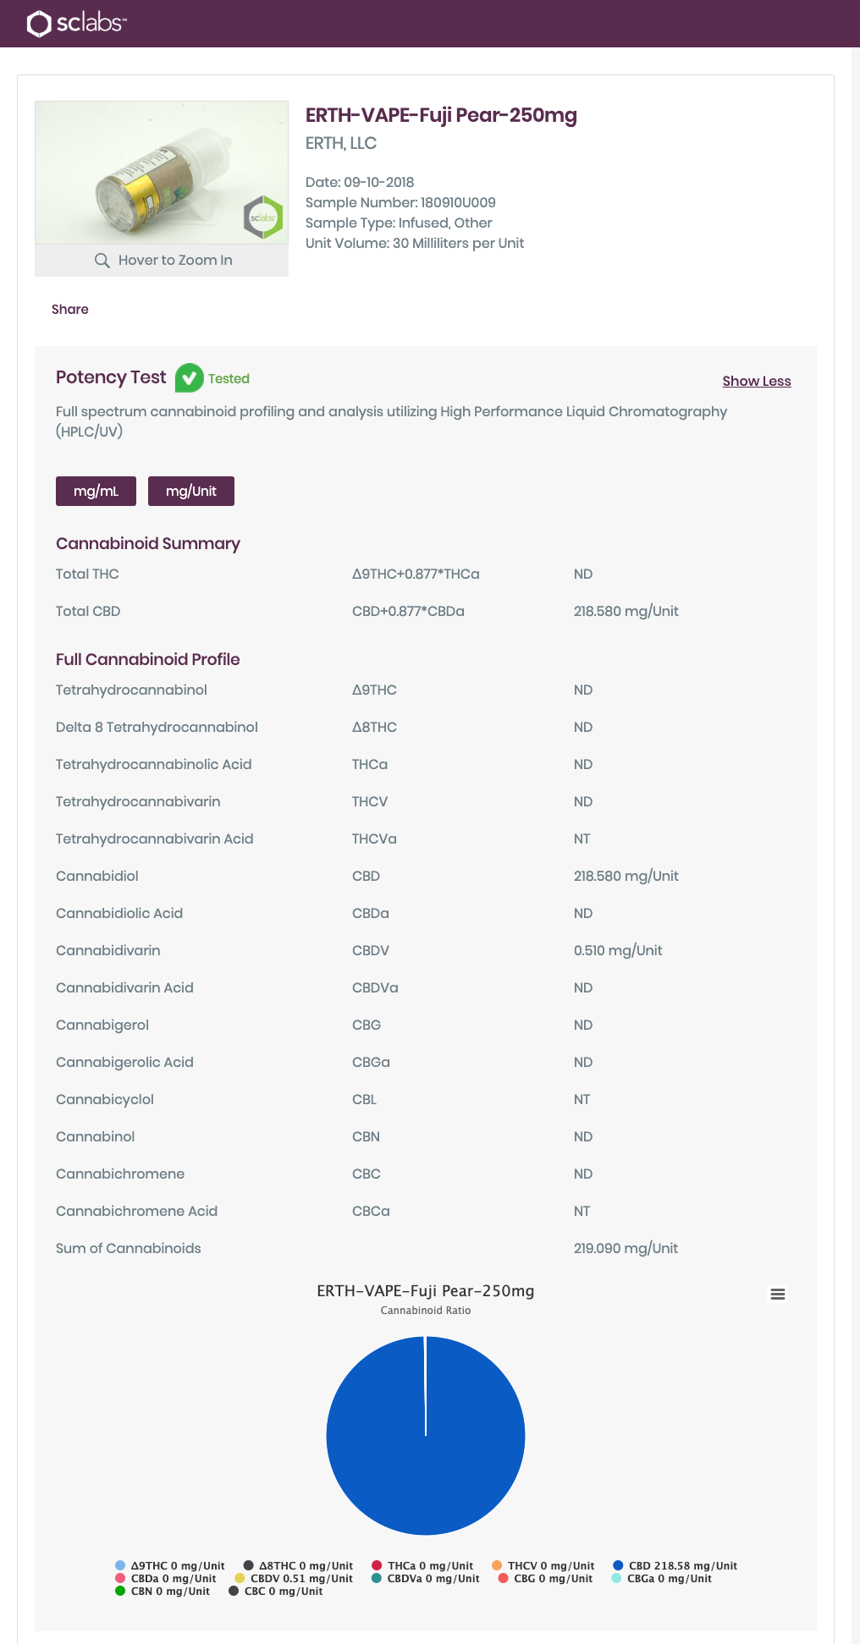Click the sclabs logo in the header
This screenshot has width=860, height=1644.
click(76, 24)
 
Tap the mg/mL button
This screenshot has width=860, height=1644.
click(96, 492)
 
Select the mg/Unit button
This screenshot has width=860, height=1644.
click(190, 492)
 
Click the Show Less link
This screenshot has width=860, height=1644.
click(756, 382)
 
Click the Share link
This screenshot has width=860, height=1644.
click(69, 310)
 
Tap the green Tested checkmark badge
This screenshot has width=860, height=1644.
click(189, 378)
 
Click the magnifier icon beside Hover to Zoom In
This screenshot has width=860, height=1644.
click(102, 261)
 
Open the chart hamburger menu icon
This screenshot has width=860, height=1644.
click(777, 1294)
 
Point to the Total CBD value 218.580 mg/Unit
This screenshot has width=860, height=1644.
click(626, 612)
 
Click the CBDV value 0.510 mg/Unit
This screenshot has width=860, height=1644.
click(618, 951)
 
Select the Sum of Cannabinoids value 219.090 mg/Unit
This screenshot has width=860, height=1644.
click(626, 1249)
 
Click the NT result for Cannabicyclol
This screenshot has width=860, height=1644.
click(582, 1100)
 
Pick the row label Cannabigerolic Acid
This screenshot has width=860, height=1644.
click(124, 1063)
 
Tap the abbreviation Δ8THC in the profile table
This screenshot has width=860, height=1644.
click(374, 728)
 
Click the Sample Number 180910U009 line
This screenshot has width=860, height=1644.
click(400, 203)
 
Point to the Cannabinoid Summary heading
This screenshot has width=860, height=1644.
click(148, 544)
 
